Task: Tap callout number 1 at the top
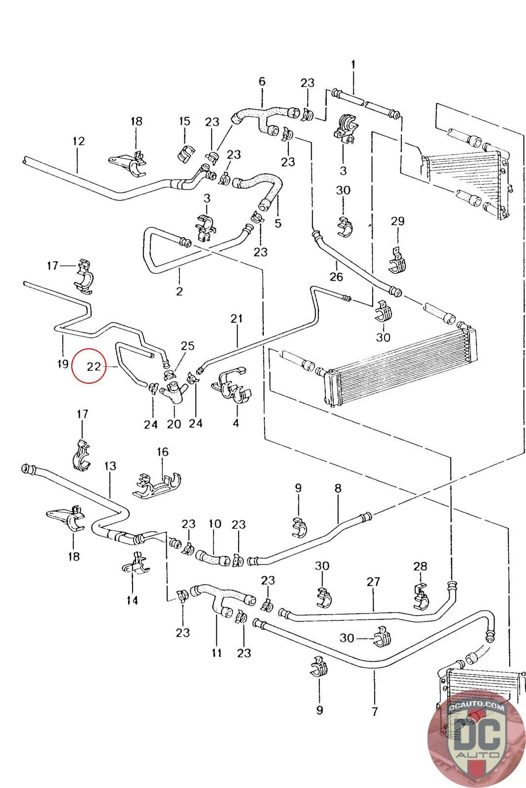click(x=353, y=64)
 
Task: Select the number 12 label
click(x=78, y=141)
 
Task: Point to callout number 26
click(x=336, y=276)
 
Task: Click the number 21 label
click(x=237, y=319)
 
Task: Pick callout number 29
click(x=397, y=221)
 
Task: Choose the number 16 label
click(x=163, y=452)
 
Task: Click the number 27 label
click(x=373, y=582)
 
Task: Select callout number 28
click(x=421, y=566)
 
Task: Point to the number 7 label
click(x=375, y=711)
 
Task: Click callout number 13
click(x=110, y=465)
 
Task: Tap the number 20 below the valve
click(x=174, y=424)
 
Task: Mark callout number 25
click(x=187, y=345)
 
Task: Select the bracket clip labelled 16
click(x=157, y=485)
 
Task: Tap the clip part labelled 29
click(x=398, y=259)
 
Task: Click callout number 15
click(x=184, y=121)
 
